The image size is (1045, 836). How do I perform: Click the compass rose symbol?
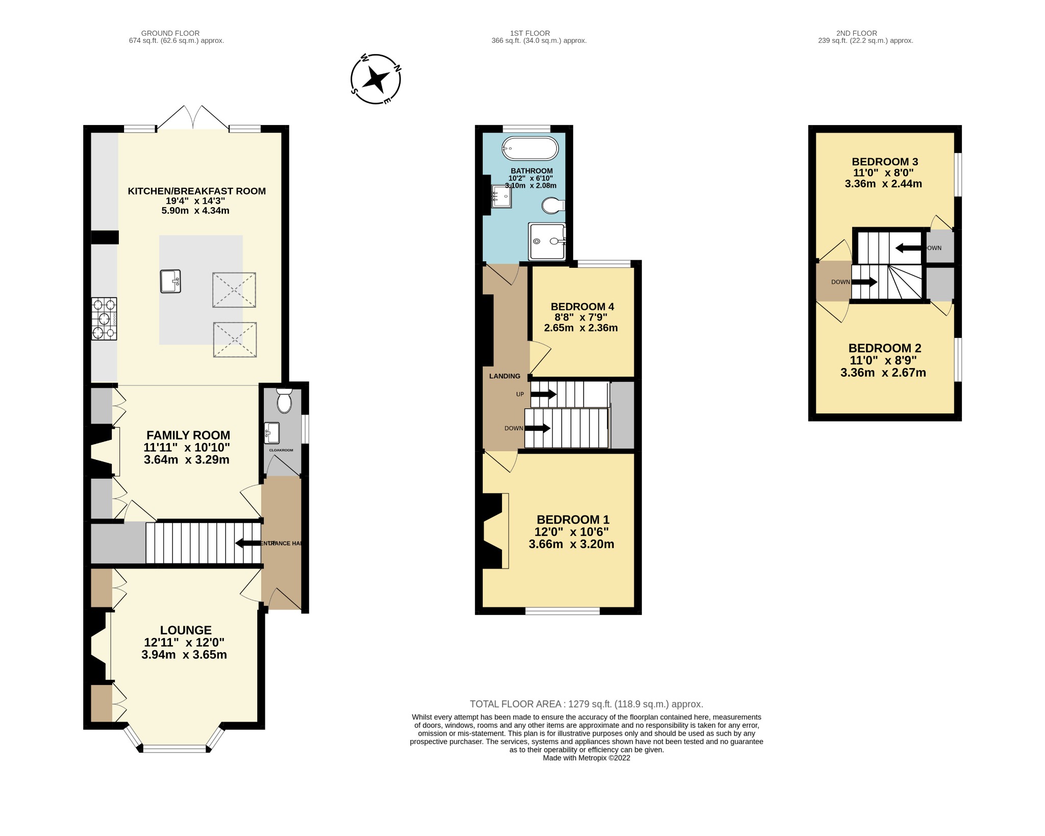(x=376, y=80)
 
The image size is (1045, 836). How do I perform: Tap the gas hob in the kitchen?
(x=104, y=319)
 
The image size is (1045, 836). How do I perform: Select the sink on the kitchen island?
(x=170, y=281)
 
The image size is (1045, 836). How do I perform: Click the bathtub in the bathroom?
(x=530, y=149)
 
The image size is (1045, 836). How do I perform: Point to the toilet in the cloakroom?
(x=284, y=401)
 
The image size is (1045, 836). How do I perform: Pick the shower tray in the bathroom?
(x=547, y=241)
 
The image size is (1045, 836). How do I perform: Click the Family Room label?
(x=188, y=435)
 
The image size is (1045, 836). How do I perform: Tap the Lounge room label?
(x=186, y=630)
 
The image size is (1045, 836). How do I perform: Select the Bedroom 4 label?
(x=582, y=307)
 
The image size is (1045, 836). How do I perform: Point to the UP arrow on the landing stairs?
(x=543, y=394)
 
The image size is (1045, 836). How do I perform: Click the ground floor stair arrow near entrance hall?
(x=248, y=543)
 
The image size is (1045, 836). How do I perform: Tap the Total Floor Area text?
(x=586, y=704)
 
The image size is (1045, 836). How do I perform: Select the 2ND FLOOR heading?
(x=856, y=33)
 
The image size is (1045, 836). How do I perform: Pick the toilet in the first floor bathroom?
(x=553, y=206)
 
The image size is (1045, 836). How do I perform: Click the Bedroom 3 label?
(x=885, y=162)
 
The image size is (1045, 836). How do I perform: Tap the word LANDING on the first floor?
(x=505, y=376)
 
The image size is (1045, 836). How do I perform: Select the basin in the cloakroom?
(x=272, y=432)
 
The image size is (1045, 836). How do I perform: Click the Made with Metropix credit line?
(x=586, y=758)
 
